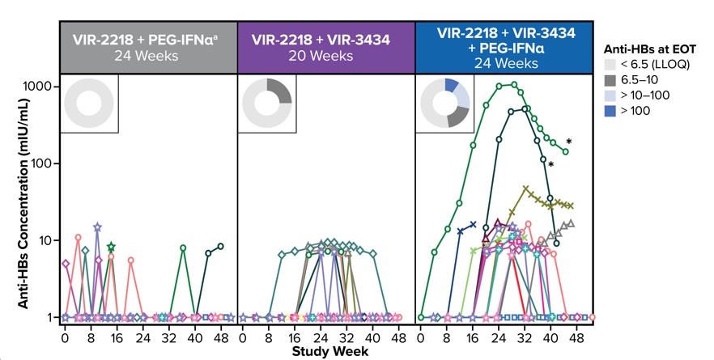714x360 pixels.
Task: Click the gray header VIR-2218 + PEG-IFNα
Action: point(149,45)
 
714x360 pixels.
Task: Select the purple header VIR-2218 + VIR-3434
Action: point(326,45)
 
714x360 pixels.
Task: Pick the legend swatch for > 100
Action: point(613,111)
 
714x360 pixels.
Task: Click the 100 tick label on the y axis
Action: point(42,163)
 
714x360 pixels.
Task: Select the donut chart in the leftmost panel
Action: point(90,103)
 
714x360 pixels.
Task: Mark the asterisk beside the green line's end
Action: point(569,142)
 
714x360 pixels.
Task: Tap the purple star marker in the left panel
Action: point(97,228)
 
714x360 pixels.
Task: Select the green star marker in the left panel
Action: point(111,247)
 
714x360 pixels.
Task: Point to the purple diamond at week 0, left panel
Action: point(66,263)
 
